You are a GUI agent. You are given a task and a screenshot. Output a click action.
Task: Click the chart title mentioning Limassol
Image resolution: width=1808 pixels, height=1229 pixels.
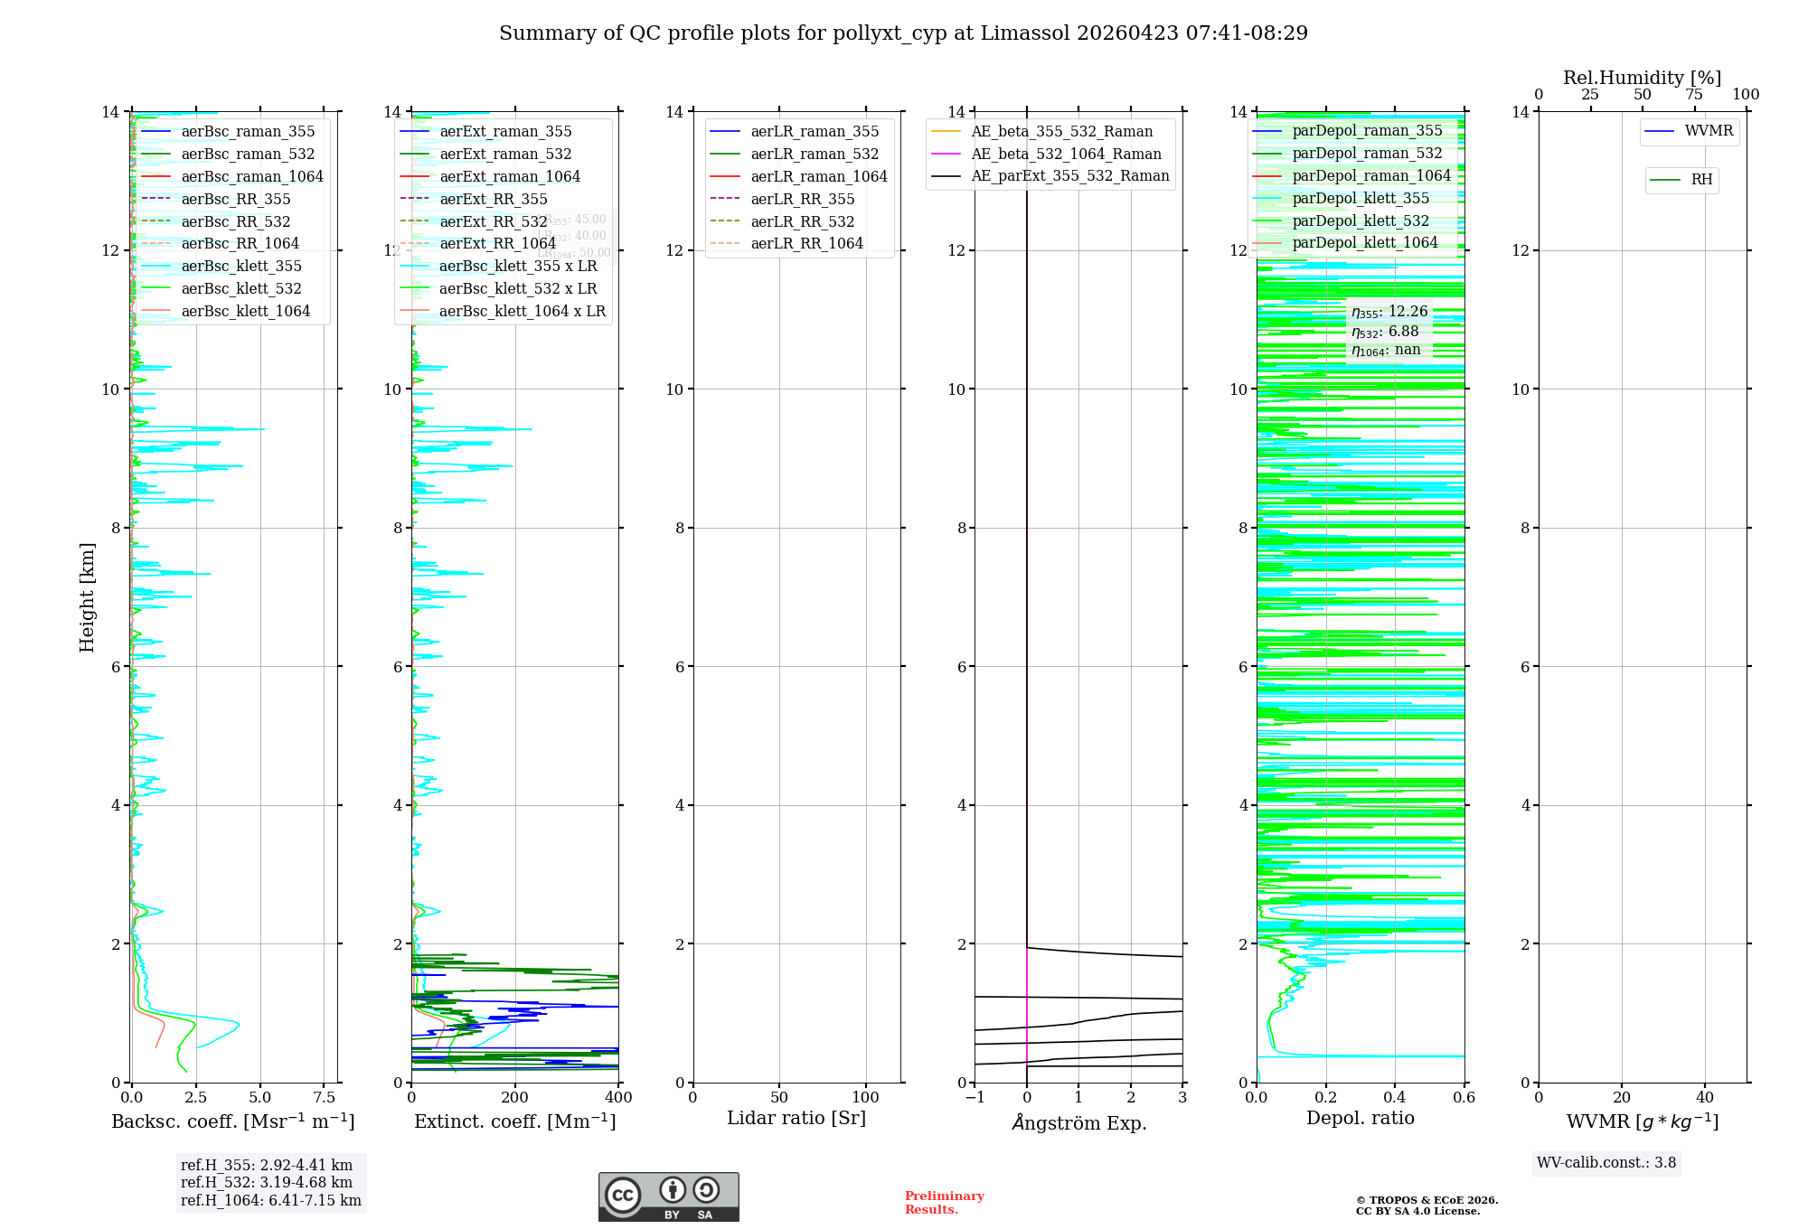pos(903,33)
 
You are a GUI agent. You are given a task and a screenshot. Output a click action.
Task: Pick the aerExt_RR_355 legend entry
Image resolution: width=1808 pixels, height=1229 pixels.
pos(494,200)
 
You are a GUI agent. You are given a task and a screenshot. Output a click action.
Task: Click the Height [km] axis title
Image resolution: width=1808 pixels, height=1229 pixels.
pos(87,597)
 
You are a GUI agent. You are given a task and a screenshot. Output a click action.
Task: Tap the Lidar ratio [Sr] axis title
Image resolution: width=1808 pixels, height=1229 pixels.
pos(796,1119)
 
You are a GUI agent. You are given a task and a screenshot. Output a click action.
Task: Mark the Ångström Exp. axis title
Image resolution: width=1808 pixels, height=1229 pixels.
pos(1078,1123)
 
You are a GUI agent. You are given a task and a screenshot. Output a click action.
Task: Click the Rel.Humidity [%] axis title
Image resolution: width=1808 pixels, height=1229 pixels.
pos(1642,78)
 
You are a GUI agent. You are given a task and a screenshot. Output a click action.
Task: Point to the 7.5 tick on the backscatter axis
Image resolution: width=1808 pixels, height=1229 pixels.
pos(325,1098)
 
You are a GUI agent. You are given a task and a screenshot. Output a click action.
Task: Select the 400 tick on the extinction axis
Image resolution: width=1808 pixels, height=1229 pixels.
pos(618,1098)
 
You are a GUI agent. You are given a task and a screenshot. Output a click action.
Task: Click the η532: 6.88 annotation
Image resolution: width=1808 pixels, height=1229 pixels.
pos(1385,332)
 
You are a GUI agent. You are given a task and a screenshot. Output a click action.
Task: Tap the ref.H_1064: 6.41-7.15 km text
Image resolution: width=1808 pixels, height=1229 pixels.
pos(270,1201)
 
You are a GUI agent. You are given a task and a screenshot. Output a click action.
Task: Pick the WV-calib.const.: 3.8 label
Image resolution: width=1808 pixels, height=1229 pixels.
pos(1606,1163)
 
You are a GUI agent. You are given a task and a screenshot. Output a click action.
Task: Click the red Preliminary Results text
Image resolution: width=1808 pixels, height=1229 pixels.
pos(944,1203)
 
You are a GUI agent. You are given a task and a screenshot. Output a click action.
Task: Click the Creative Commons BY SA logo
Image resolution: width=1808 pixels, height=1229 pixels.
pos(668,1197)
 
